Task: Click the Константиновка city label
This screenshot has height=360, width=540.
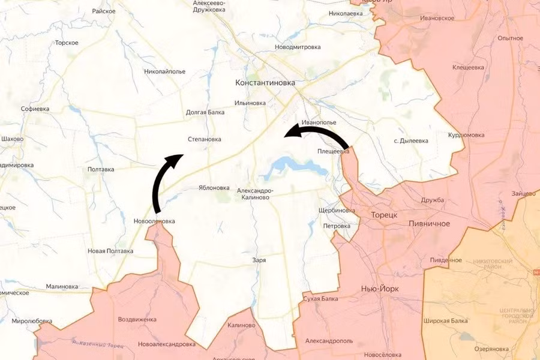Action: pyautogui.click(x=269, y=83)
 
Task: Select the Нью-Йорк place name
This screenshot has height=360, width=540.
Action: pyautogui.click(x=380, y=289)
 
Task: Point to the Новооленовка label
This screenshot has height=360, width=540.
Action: pyautogui.click(x=154, y=221)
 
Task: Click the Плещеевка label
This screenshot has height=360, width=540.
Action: pyautogui.click(x=333, y=152)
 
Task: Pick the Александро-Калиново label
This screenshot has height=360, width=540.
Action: pyautogui.click(x=256, y=194)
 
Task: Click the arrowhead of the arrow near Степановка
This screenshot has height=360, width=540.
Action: pyautogui.click(x=178, y=158)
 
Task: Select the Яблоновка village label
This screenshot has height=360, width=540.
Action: pyautogui.click(x=214, y=187)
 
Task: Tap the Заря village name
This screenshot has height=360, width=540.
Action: pyautogui.click(x=259, y=260)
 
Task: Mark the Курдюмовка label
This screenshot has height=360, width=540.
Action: pyautogui.click(x=466, y=135)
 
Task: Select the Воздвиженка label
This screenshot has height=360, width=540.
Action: pyautogui.click(x=137, y=319)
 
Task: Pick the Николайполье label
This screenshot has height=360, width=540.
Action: pyautogui.click(x=165, y=71)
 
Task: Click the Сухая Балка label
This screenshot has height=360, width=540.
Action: pyautogui.click(x=320, y=298)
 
